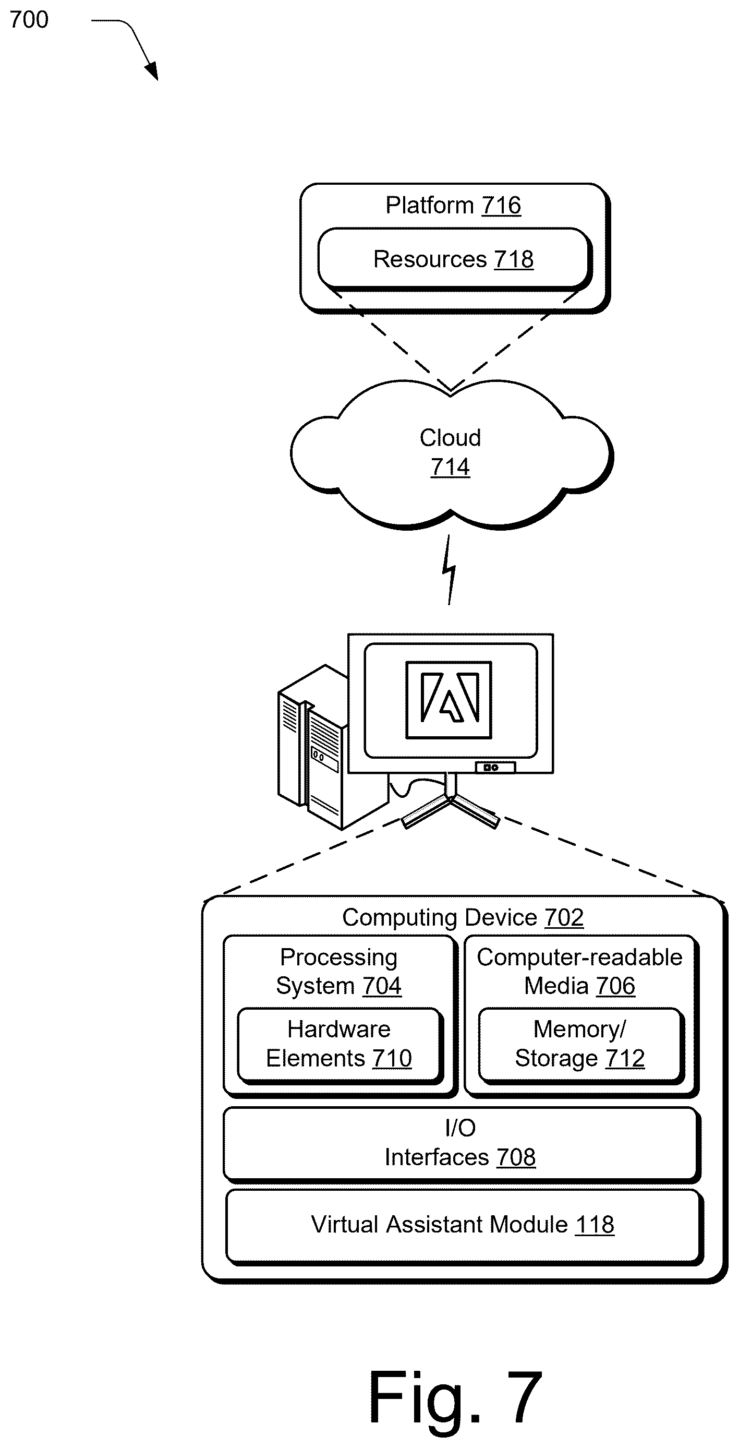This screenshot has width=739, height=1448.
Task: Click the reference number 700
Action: (29, 20)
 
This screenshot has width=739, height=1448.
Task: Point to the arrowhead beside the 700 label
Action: (152, 71)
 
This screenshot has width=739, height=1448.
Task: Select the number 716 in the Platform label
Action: (501, 205)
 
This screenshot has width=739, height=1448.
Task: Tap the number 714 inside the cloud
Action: (450, 466)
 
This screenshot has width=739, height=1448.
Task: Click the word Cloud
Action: (450, 438)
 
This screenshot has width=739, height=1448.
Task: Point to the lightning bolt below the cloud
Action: (449, 569)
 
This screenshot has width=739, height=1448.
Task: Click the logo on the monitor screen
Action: (449, 699)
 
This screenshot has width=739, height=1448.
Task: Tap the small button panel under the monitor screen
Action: (495, 767)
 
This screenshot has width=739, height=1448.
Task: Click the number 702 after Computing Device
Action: (564, 918)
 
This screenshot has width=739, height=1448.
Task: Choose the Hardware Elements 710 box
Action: (340, 1045)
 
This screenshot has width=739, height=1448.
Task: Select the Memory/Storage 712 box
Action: (580, 1045)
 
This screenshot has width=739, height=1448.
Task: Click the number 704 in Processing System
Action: (382, 986)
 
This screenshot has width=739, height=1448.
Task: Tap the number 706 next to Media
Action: (616, 986)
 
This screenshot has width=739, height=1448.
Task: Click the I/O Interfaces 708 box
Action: (462, 1143)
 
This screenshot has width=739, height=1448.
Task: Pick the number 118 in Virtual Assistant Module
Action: (595, 1225)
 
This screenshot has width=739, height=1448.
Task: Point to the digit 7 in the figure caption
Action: (524, 1397)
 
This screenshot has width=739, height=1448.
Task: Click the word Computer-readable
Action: (580, 958)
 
